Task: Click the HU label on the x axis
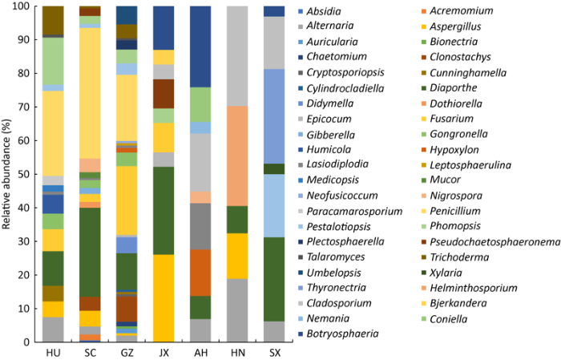pos(52,353)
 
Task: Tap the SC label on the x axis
pos(90,353)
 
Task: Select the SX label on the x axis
pos(274,353)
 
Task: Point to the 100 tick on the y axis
pos(22,6)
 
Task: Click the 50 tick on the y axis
pos(25,174)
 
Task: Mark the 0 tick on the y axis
pos(28,342)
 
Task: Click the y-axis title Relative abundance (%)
pos(7,174)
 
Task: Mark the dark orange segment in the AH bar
pos(200,273)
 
